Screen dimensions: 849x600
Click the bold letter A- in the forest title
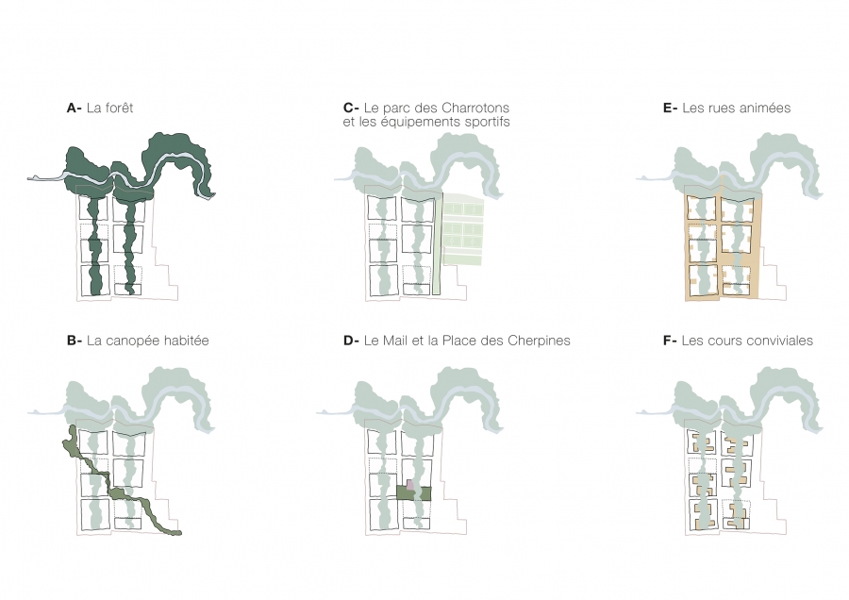(75, 108)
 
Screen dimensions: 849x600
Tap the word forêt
(119, 108)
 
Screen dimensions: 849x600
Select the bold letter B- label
(75, 341)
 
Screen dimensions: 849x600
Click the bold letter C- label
(351, 108)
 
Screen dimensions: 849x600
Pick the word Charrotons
(476, 108)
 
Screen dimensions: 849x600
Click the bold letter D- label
(351, 341)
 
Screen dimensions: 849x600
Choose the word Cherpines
(540, 342)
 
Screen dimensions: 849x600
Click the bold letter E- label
(671, 108)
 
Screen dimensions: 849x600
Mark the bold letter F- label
(670, 341)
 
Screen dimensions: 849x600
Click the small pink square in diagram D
(410, 483)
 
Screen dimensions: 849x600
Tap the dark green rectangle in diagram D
(414, 493)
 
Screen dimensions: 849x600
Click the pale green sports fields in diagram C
(462, 230)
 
